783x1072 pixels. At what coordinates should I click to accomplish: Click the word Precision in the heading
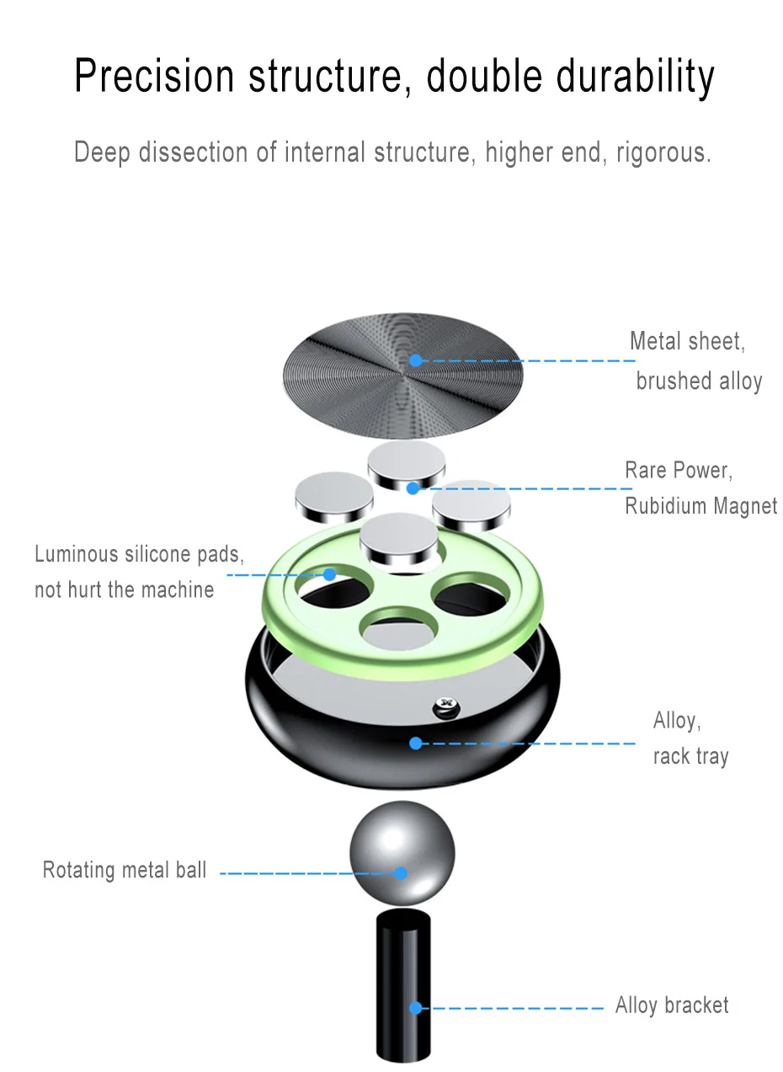click(x=153, y=76)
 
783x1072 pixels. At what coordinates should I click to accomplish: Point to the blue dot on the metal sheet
click(x=415, y=360)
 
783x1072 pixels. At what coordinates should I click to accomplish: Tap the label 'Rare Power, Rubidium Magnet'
click(x=700, y=488)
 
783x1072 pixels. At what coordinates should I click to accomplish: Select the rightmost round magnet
click(x=471, y=504)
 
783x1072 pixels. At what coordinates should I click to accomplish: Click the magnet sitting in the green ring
click(x=402, y=539)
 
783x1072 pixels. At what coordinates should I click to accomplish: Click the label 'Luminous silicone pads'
click(x=139, y=572)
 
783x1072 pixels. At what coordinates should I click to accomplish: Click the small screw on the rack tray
click(x=444, y=707)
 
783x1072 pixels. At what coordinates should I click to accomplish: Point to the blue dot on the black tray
click(x=415, y=743)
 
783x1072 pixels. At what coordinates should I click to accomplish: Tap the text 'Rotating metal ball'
click(x=125, y=870)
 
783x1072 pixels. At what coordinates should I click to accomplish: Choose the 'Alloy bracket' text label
click(x=672, y=1005)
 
